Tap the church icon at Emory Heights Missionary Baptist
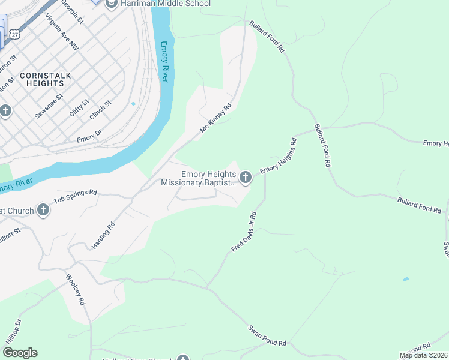coord(245,178)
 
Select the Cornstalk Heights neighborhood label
coord(44,79)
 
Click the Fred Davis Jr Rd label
coord(244,232)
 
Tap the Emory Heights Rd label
coord(279,157)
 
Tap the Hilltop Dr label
coord(13,330)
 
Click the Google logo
coord(20,353)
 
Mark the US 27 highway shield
coord(14,35)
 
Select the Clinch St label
coord(100,110)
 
